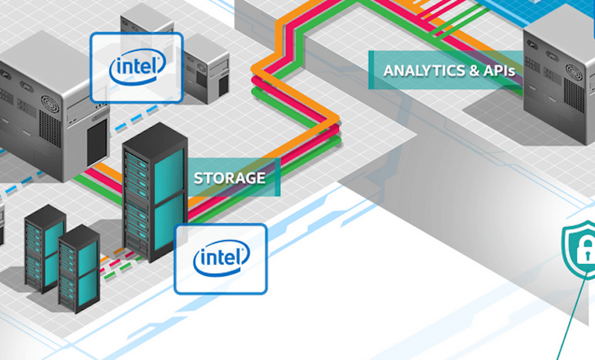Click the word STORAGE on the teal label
point(229,178)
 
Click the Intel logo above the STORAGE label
point(136,68)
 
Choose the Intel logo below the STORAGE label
point(221,258)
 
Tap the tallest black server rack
point(155,197)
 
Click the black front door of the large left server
point(97,141)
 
